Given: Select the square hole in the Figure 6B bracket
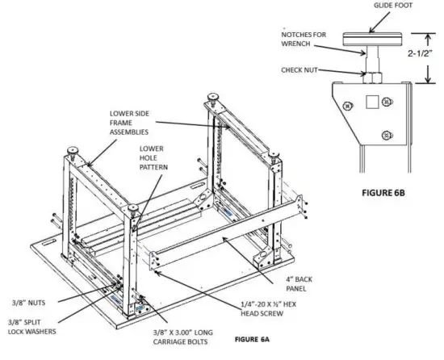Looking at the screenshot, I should click(x=371, y=102).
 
